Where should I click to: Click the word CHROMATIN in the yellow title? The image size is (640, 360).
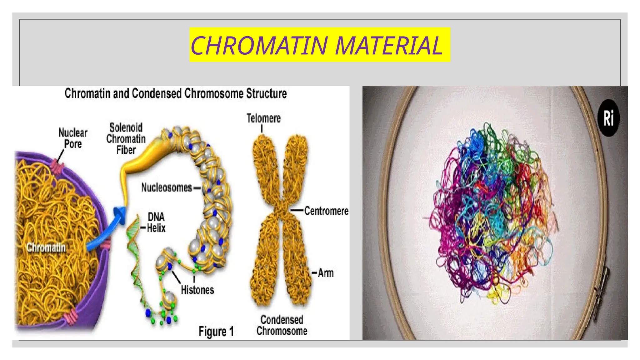[259, 45]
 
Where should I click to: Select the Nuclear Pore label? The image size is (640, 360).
[73, 138]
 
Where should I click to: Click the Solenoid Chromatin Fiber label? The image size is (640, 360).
[126, 138]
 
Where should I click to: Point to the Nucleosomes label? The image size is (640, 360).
[167, 187]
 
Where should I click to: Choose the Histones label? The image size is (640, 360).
[197, 290]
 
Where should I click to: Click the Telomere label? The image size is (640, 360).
[263, 118]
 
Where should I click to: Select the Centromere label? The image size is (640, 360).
[326, 211]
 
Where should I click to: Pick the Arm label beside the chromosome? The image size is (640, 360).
[326, 273]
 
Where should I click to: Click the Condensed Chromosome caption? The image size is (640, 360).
[282, 325]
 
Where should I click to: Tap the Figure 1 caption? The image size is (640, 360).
[216, 331]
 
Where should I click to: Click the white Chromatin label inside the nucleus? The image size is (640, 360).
[46, 247]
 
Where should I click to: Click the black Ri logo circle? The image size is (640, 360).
[608, 118]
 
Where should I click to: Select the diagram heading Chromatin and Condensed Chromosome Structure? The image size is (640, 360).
[176, 93]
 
